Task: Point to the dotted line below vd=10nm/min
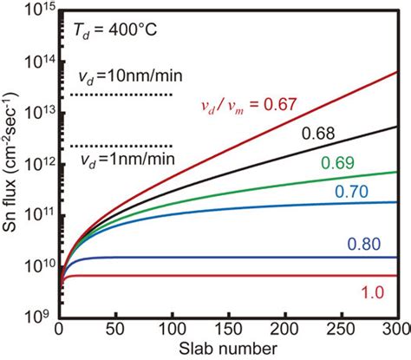122,94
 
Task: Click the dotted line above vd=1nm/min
122,145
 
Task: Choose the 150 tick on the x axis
230,329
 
